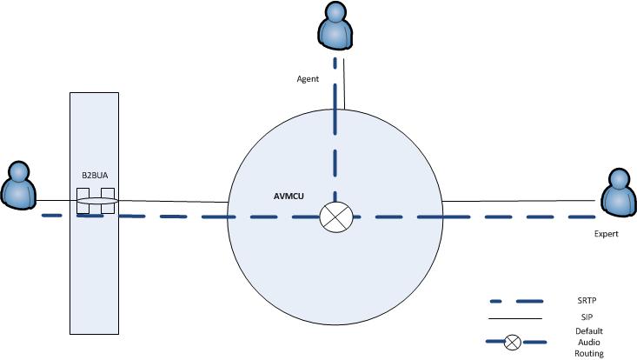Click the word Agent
307,78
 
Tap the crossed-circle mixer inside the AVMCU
334,216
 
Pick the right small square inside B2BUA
108,202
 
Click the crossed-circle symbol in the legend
513,342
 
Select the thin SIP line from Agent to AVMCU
344,87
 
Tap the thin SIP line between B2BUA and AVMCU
174,204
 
